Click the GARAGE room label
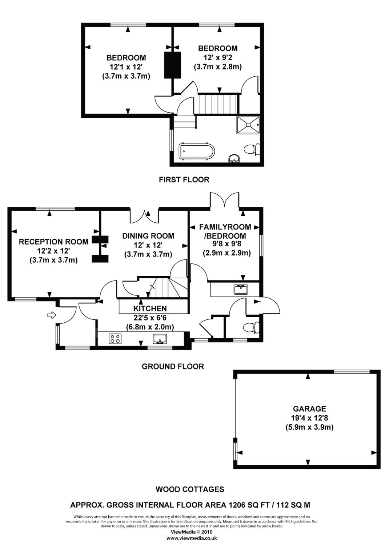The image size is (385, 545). click(x=309, y=408)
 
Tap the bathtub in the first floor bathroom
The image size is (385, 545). click(x=197, y=152)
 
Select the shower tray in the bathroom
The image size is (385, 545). click(x=248, y=125)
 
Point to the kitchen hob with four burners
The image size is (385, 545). click(x=115, y=338)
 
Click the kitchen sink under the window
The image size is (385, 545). click(x=160, y=339)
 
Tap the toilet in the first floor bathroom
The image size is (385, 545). click(x=252, y=149)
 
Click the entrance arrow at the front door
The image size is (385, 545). click(x=51, y=315)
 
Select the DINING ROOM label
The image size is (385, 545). click(x=148, y=236)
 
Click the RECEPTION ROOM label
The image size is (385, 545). click(x=53, y=242)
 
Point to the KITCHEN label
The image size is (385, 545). click(x=150, y=308)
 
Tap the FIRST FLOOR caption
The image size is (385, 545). click(x=184, y=179)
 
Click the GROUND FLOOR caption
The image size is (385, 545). click(x=173, y=366)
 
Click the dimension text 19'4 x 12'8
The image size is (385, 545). click(x=309, y=418)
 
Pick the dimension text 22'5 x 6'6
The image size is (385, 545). click(x=150, y=318)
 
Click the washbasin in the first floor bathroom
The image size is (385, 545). click(x=234, y=159)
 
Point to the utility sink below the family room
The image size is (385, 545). click(x=241, y=290)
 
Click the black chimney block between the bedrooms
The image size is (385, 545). click(x=173, y=65)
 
